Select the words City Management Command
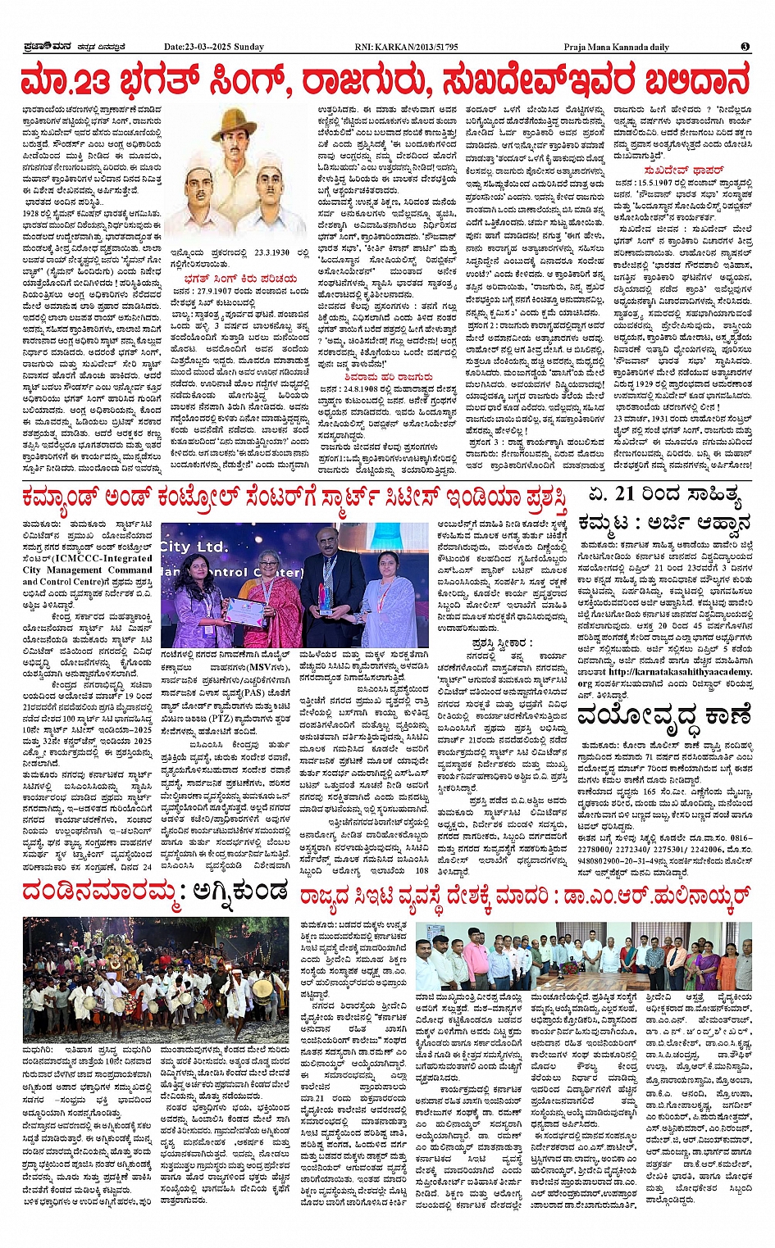point(87,570)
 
